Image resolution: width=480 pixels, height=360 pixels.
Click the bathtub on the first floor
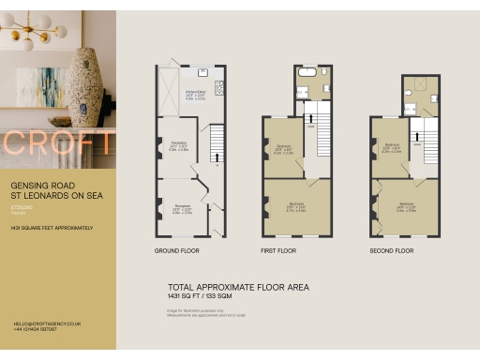307,71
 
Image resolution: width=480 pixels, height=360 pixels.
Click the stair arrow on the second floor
418,136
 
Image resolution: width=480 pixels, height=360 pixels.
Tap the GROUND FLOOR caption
177,251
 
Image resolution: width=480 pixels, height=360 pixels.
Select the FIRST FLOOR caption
277,251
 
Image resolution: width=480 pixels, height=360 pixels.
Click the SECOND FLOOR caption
391,251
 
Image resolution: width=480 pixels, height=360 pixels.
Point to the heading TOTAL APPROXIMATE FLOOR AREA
238,287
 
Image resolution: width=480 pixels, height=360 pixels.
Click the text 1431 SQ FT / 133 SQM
206,296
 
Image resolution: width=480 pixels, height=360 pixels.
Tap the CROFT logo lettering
58,143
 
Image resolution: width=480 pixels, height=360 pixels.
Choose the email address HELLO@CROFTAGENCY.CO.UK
47,323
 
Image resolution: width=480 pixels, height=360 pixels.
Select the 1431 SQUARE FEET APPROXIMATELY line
52,228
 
